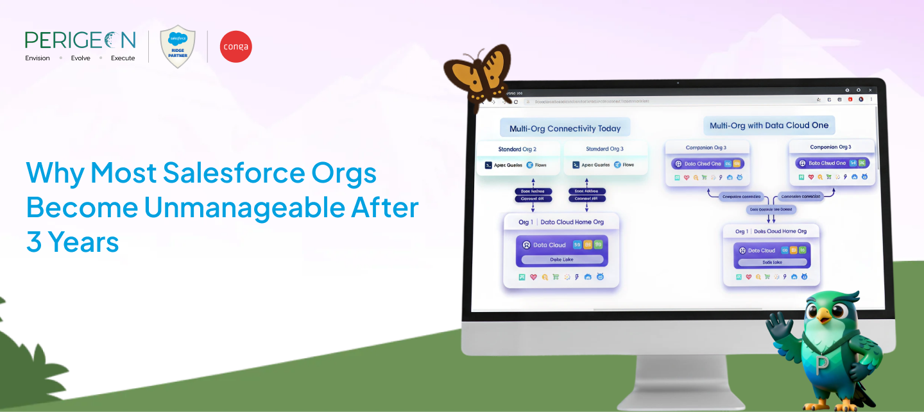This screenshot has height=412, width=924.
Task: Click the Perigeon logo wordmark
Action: pyautogui.click(x=80, y=40)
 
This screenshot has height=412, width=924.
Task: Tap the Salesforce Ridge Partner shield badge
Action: pyautogui.click(x=178, y=46)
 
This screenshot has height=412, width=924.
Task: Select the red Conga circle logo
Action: pyautogui.click(x=235, y=47)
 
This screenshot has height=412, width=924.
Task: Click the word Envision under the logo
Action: pyautogui.click(x=37, y=58)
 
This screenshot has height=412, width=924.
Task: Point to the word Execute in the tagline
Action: pyautogui.click(x=123, y=58)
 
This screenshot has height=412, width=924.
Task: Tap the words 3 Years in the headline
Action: pyautogui.click(x=73, y=242)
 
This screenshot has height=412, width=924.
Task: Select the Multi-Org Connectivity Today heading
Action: pyautogui.click(x=565, y=128)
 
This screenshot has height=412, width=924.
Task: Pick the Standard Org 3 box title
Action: pyautogui.click(x=604, y=149)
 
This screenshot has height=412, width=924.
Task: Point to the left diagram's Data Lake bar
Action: pyautogui.click(x=561, y=260)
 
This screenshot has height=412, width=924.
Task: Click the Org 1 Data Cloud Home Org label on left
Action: pyautogui.click(x=561, y=222)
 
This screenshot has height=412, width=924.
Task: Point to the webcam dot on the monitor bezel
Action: pyautogui.click(x=678, y=83)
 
